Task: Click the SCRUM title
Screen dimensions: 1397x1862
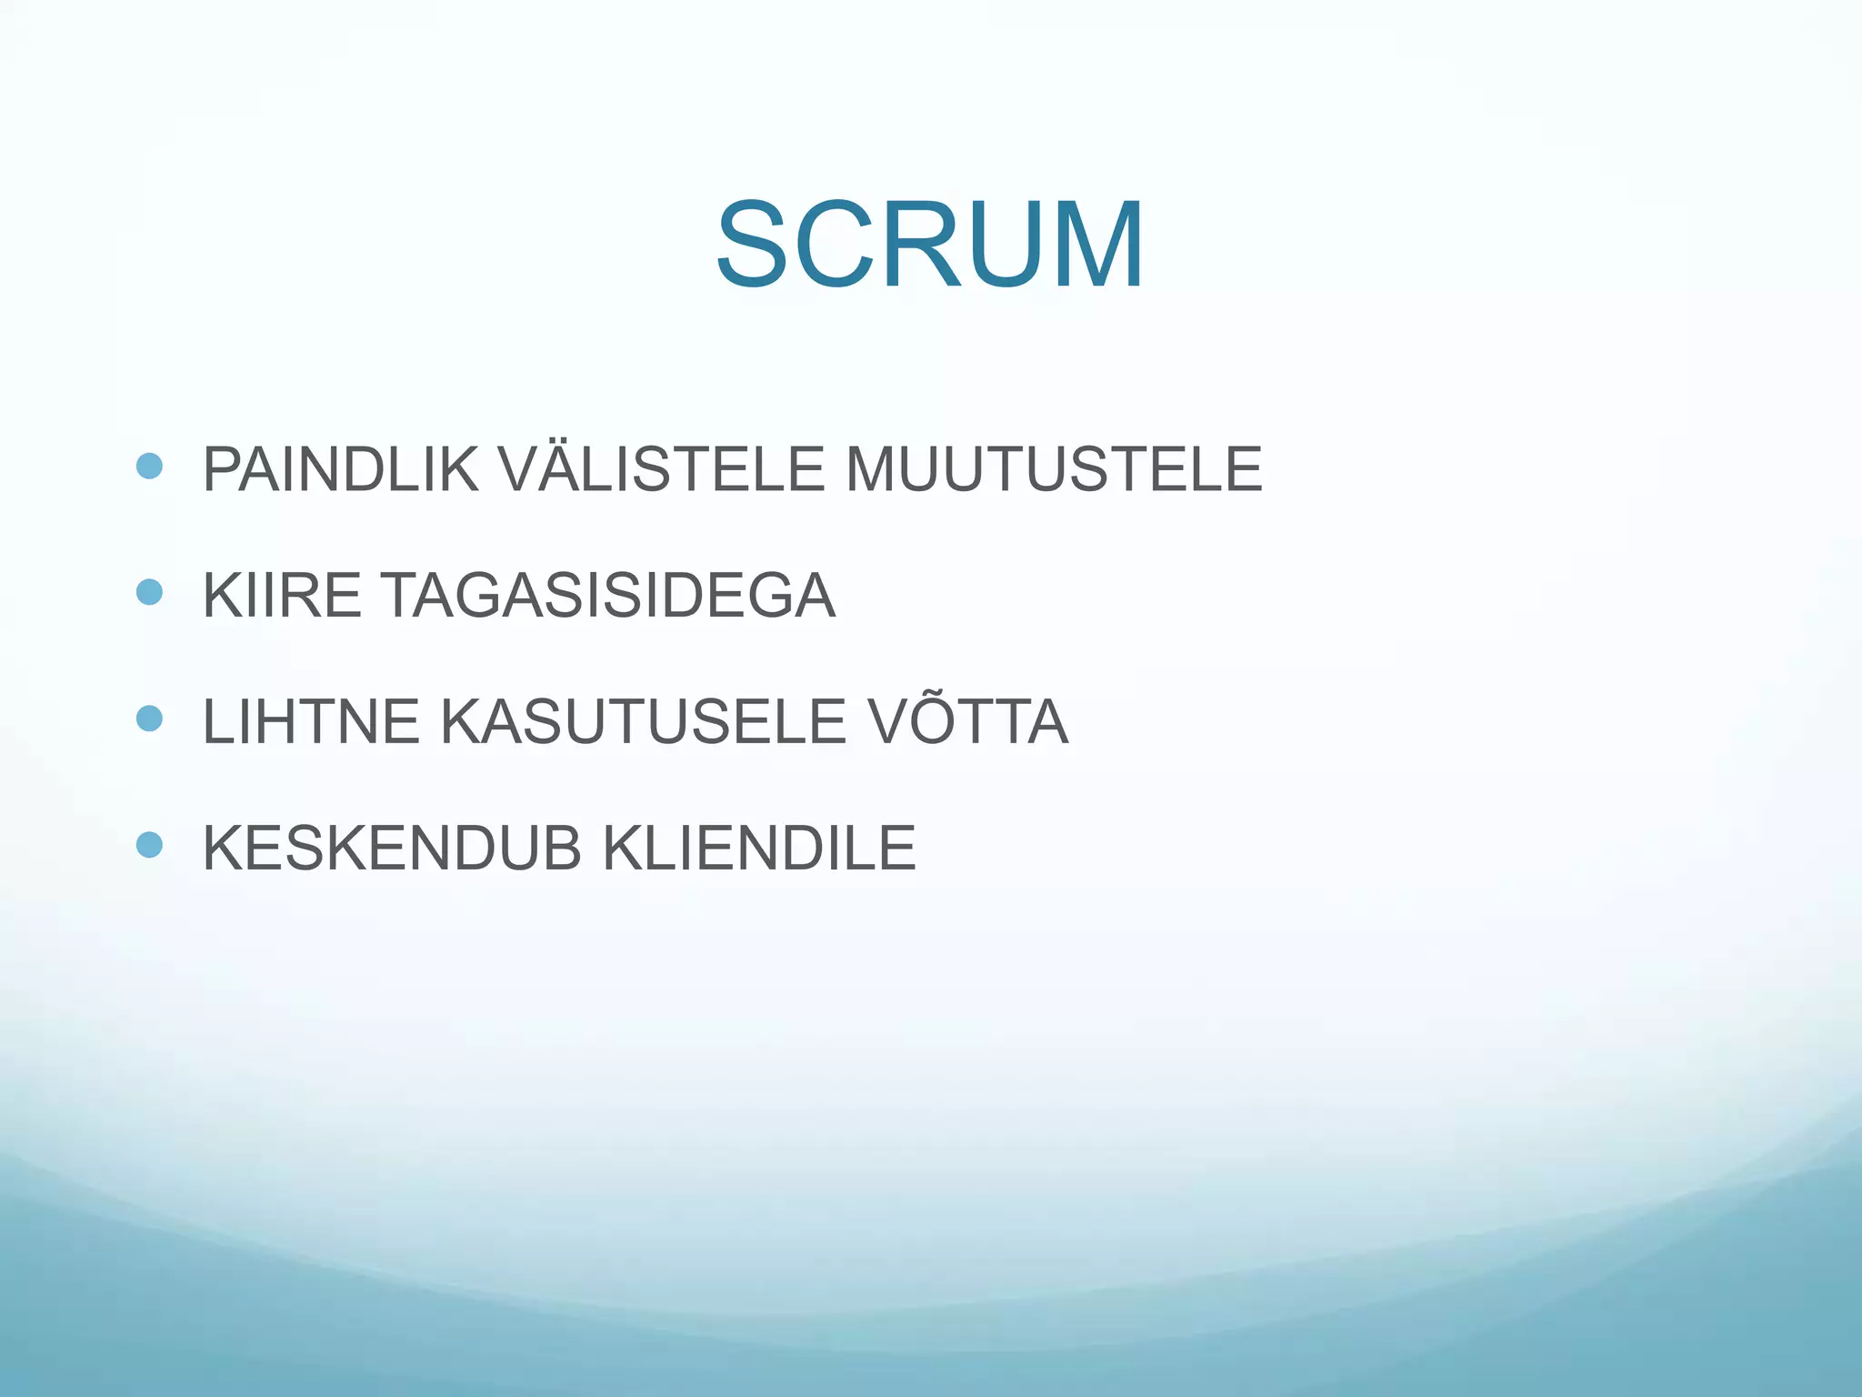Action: [x=929, y=246]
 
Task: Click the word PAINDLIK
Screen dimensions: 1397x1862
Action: [x=340, y=470]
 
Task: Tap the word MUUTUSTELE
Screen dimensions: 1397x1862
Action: [x=1054, y=470]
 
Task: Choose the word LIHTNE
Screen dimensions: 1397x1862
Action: [x=311, y=722]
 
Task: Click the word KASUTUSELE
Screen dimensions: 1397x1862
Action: [x=644, y=722]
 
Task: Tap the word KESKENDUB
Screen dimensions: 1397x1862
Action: [x=392, y=849]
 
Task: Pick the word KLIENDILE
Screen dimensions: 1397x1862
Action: [x=759, y=849]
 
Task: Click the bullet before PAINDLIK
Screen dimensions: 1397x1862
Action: [x=149, y=467]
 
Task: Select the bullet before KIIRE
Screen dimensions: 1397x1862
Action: [x=149, y=593]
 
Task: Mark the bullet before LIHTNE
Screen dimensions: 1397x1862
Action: [x=149, y=719]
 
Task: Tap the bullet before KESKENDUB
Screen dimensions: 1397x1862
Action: [x=149, y=845]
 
